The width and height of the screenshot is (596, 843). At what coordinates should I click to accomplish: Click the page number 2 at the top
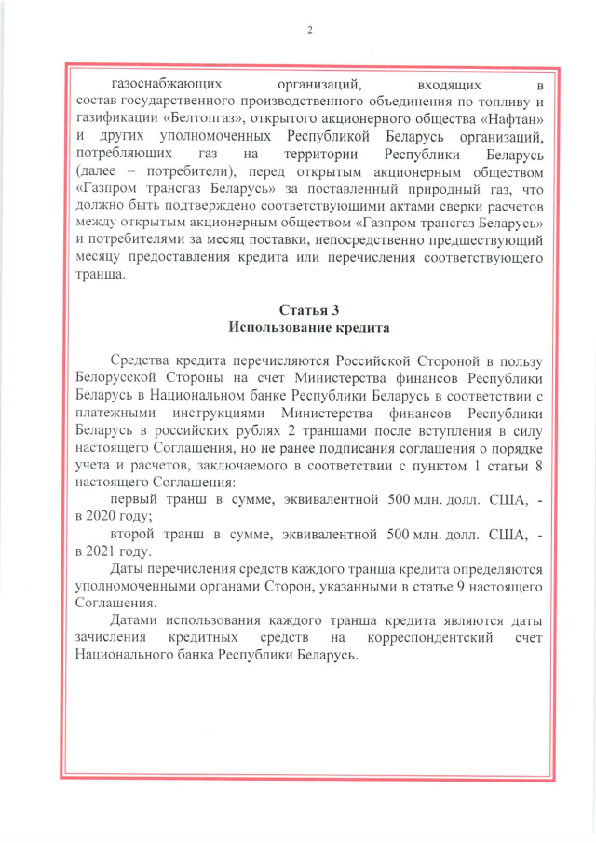(x=309, y=30)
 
